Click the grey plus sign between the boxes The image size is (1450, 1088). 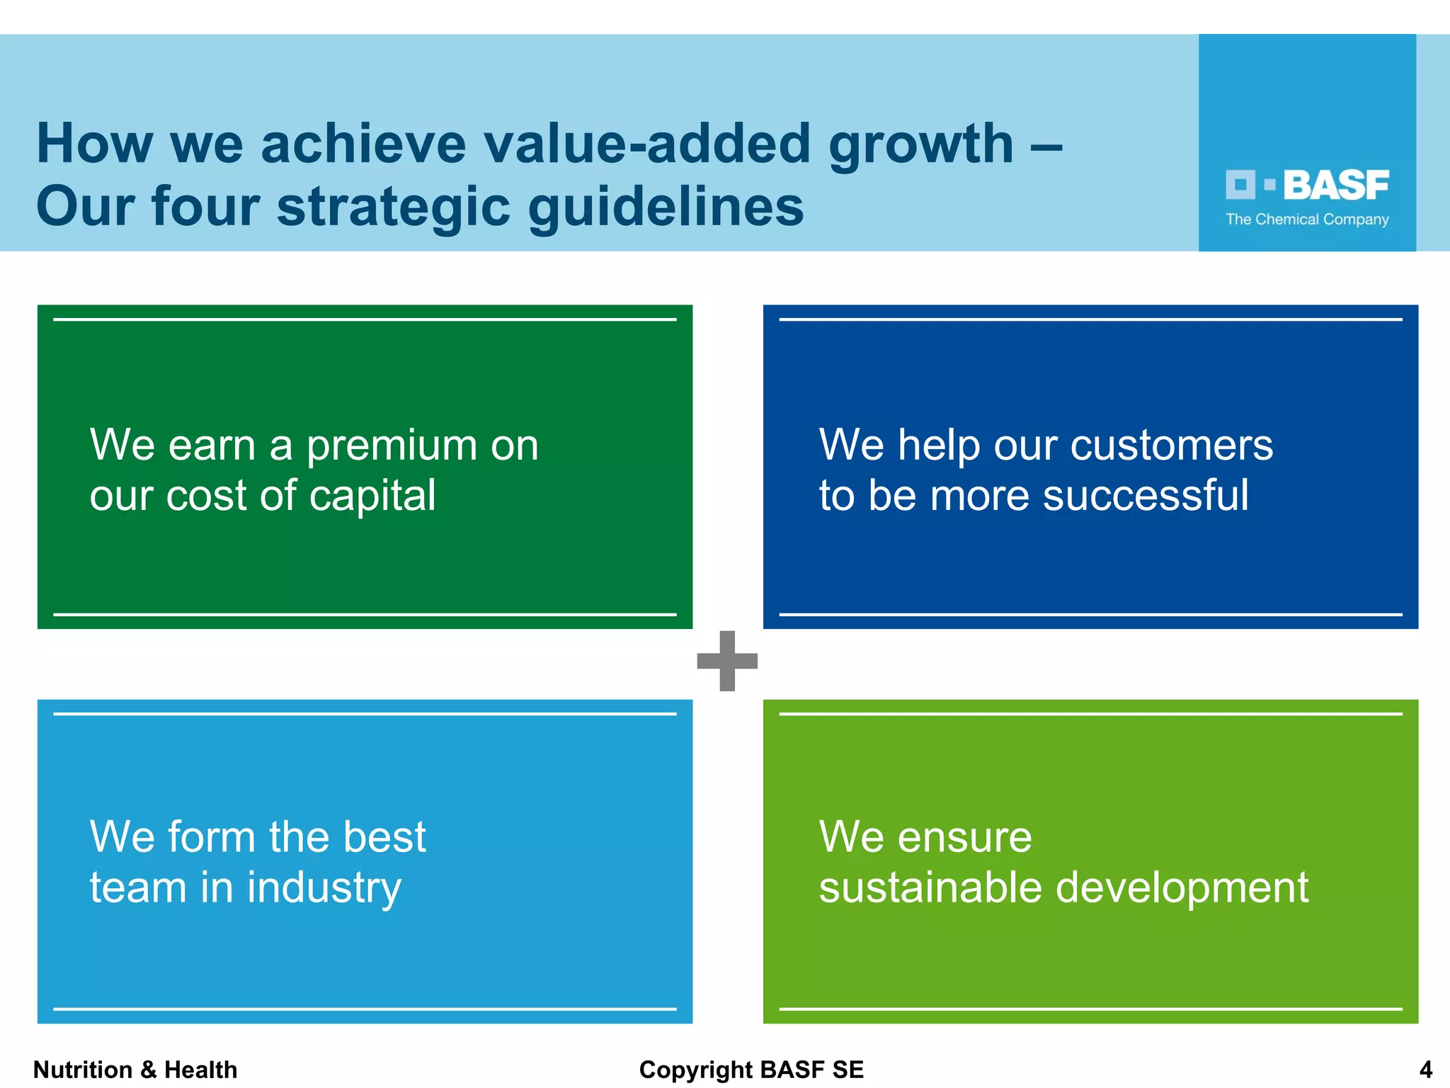tap(727, 661)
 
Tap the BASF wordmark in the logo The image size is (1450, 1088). tap(1335, 186)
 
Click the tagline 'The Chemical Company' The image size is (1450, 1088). tap(1307, 220)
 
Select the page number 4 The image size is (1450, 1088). tap(1425, 1070)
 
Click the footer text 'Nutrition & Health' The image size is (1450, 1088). tap(135, 1070)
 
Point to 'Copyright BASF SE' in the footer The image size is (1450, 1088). tap(751, 1070)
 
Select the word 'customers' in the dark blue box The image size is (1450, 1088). tap(1171, 446)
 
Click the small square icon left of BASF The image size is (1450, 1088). tap(1240, 185)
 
